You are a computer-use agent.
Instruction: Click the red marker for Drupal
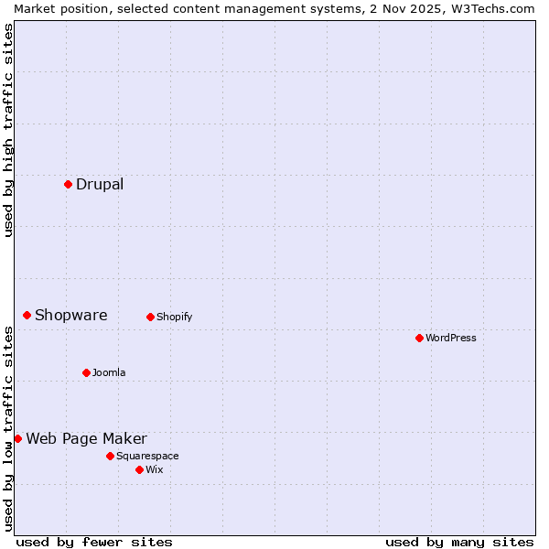click(68, 184)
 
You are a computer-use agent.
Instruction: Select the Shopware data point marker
click(27, 315)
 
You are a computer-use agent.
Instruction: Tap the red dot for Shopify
click(150, 317)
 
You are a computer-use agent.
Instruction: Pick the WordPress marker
click(419, 338)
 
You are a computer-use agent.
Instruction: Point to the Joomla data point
click(86, 372)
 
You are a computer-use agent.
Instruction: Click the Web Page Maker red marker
click(17, 438)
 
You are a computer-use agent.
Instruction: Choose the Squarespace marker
click(110, 456)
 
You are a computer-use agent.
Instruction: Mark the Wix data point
click(139, 469)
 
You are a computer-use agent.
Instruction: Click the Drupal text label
click(100, 184)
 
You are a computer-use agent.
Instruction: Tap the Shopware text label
click(71, 315)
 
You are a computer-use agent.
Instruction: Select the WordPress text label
click(451, 338)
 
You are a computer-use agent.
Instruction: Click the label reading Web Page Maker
click(86, 438)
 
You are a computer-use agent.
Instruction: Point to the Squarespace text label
click(147, 456)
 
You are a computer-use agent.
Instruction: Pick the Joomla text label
click(109, 372)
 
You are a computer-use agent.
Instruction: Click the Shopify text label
click(174, 317)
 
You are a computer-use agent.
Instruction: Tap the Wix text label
click(154, 469)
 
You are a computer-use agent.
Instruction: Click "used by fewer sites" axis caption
click(94, 542)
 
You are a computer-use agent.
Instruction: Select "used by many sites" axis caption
click(459, 542)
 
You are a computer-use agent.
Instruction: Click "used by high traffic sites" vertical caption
click(8, 131)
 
